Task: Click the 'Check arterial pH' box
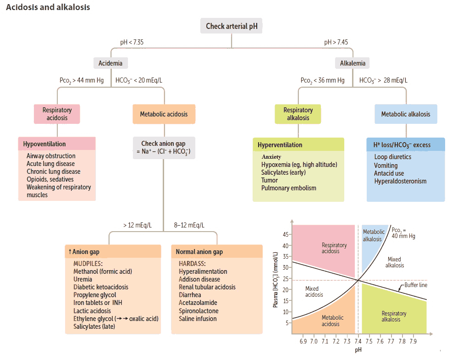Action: click(x=232, y=26)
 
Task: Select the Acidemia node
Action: click(x=110, y=63)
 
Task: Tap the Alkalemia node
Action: click(x=353, y=63)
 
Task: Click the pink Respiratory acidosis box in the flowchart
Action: click(x=57, y=114)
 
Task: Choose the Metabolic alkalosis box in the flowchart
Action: click(x=406, y=114)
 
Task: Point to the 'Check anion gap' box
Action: click(x=164, y=147)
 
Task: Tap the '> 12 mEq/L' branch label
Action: click(x=138, y=225)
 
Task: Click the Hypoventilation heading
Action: click(x=44, y=144)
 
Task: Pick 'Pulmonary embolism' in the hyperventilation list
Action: click(x=289, y=188)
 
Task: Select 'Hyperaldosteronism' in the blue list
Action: click(x=400, y=181)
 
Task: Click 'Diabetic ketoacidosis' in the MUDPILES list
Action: click(x=101, y=287)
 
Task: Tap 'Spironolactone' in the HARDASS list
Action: click(x=198, y=311)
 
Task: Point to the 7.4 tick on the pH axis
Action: click(x=358, y=342)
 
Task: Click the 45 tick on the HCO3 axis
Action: click(x=284, y=235)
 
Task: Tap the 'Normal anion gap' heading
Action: click(x=199, y=252)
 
